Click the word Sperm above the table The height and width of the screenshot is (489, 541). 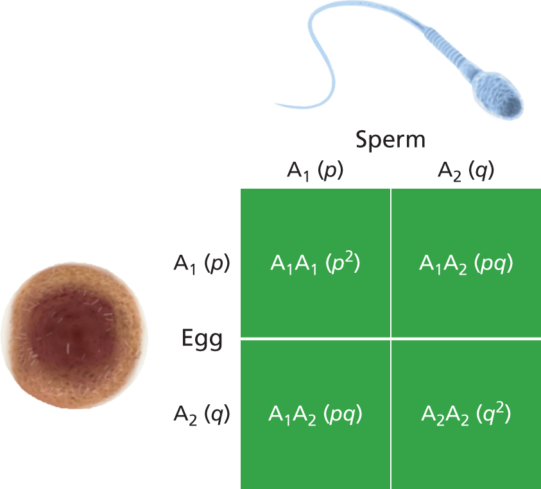point(390,141)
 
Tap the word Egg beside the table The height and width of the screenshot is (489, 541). point(202,339)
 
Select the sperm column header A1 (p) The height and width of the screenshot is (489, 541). point(315,171)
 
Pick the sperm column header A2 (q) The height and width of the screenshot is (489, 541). point(466,171)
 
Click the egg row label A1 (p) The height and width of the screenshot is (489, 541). point(202,264)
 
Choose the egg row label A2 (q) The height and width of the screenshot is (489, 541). point(202,415)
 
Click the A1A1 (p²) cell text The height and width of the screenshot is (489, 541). point(315,263)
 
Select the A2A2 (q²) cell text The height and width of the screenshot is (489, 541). point(466,414)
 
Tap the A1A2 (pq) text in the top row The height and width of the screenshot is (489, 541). point(466,264)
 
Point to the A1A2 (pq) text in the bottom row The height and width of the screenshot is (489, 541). point(315,415)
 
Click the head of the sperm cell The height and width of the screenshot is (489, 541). point(499,95)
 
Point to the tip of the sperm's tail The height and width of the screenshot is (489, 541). point(276,103)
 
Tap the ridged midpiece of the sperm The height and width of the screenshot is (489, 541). point(449,47)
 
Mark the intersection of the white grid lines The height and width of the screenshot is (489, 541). point(391,339)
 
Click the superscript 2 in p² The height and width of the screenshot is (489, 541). point(349,257)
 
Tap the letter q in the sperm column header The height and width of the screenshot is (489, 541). point(480,171)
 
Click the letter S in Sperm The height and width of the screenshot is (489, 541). point(363,139)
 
